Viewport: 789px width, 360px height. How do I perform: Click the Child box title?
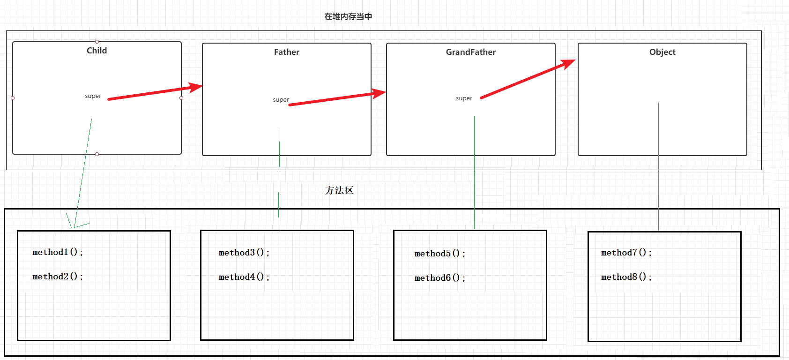pos(97,51)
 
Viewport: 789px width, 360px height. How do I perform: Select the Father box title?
pos(286,52)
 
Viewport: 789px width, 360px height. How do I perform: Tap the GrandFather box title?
pos(470,52)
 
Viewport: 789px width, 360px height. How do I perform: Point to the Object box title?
pos(662,52)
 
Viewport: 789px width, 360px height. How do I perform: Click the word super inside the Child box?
pos(93,96)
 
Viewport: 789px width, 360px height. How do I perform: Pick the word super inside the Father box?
pos(281,100)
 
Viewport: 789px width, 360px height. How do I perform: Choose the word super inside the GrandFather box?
pos(464,98)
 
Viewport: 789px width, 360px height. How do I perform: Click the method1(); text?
pos(58,252)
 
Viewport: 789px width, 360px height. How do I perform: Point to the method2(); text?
pos(58,277)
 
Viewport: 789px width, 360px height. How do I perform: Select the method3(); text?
pos(244,253)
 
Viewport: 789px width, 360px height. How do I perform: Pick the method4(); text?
pos(244,277)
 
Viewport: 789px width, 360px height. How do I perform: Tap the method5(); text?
pos(440,254)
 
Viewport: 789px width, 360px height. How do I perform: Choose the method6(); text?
pos(440,278)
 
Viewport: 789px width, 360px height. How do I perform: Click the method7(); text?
pos(626,253)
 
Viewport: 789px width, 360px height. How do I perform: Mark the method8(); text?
pos(626,277)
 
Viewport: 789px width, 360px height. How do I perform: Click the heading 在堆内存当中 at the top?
pos(348,16)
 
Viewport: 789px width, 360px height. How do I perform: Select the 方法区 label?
pos(339,190)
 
